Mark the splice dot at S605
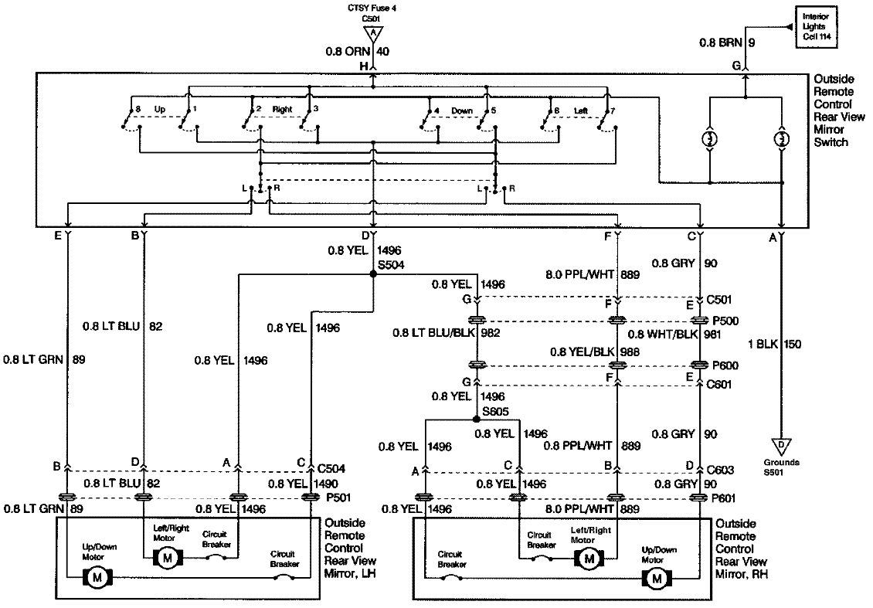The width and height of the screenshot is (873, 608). [x=477, y=420]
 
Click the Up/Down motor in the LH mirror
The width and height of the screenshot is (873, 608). [x=99, y=576]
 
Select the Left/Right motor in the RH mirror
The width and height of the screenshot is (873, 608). [x=591, y=557]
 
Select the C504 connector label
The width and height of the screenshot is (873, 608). [x=331, y=467]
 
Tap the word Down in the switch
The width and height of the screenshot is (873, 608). [x=462, y=110]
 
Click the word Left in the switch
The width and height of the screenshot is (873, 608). [x=580, y=110]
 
